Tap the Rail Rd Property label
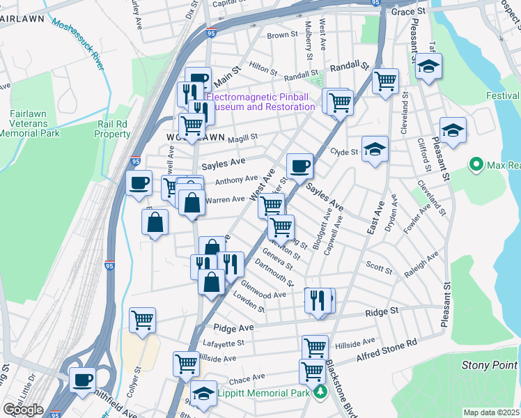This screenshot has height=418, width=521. tap(112, 129)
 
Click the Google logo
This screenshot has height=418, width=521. tap(23, 410)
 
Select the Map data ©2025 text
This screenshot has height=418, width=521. tap(491, 412)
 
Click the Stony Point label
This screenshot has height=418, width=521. tap(490, 365)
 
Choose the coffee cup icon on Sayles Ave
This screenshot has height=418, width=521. tap(300, 166)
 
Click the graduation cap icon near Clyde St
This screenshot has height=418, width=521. tap(375, 148)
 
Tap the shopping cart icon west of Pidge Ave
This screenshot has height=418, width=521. tap(142, 320)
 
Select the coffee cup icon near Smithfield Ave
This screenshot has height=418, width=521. tap(83, 380)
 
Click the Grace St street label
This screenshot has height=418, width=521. tap(408, 12)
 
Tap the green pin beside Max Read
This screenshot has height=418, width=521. tap(477, 165)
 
